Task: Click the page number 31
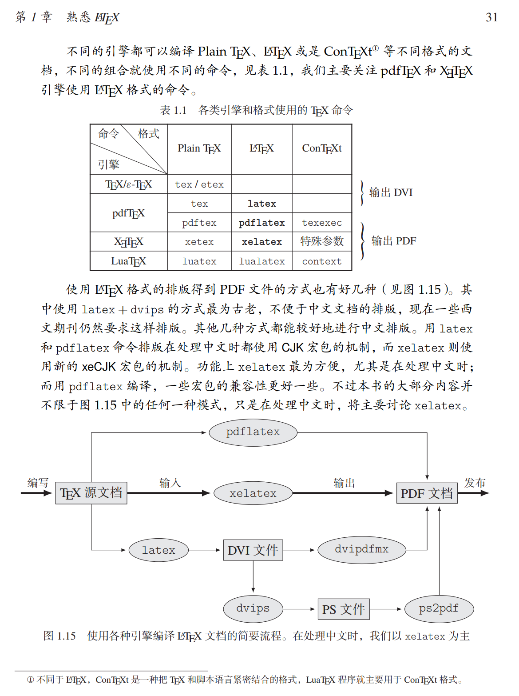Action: tap(491, 17)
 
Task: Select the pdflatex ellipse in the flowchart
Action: tap(253, 432)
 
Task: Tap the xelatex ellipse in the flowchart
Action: tap(253, 493)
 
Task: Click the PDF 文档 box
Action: tap(427, 493)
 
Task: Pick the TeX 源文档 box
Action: tap(91, 493)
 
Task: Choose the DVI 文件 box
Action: tap(253, 550)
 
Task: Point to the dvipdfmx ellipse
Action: tap(361, 549)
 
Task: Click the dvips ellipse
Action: tap(253, 608)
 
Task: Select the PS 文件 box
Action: tap(344, 609)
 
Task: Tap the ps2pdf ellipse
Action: tap(439, 608)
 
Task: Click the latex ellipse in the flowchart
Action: tap(158, 550)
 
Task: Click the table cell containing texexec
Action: tap(322, 223)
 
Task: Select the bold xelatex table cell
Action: tap(261, 242)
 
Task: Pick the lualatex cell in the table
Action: tap(261, 261)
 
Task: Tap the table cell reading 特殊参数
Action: tap(322, 241)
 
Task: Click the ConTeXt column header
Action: tap(322, 148)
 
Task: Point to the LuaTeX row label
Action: tap(128, 261)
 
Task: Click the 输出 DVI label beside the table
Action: tap(391, 192)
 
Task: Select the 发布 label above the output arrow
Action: tap(475, 483)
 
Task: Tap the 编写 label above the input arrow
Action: tap(38, 483)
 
